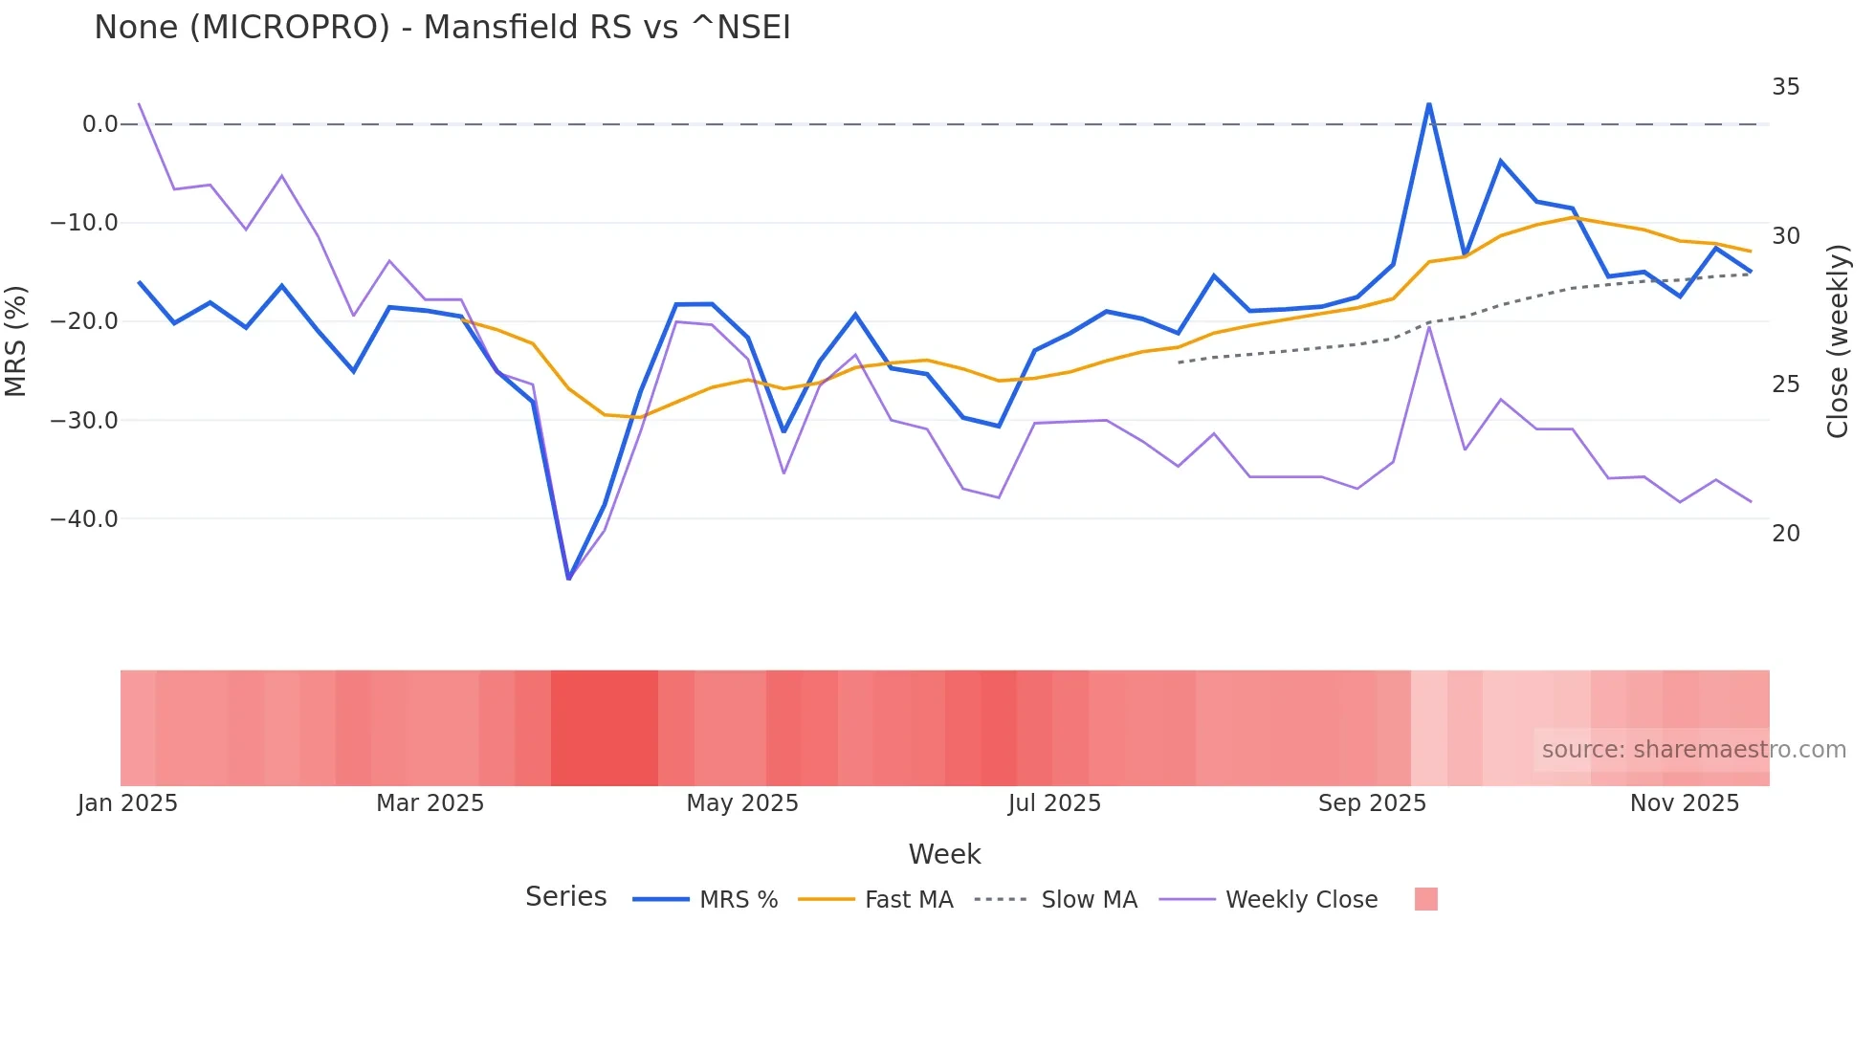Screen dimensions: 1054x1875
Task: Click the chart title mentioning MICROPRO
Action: (442, 27)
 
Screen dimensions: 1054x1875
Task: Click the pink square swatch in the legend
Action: (1425, 899)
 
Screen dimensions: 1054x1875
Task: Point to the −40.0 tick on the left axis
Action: (84, 519)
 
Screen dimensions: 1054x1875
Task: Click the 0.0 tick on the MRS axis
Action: (99, 124)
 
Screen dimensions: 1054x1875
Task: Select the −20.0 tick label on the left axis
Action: (84, 321)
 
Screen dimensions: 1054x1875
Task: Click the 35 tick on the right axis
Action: (1785, 87)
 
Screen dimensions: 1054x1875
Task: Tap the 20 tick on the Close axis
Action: (1785, 534)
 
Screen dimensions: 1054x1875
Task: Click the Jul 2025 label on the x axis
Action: (1054, 803)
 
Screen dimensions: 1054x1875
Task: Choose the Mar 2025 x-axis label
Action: (430, 803)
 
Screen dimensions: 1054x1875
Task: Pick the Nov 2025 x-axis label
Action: (1684, 803)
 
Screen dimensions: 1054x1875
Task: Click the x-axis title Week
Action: (944, 854)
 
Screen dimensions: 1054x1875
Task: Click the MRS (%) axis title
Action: (16, 340)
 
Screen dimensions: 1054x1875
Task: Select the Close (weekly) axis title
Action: (1838, 341)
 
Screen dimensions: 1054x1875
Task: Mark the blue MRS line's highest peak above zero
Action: (1428, 104)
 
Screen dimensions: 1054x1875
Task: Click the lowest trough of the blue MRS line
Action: (569, 578)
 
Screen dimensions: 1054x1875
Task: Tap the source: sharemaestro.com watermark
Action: (1693, 750)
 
